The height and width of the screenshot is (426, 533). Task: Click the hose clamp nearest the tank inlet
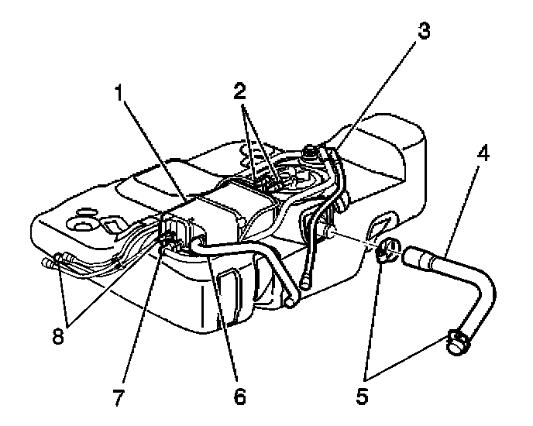385,251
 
